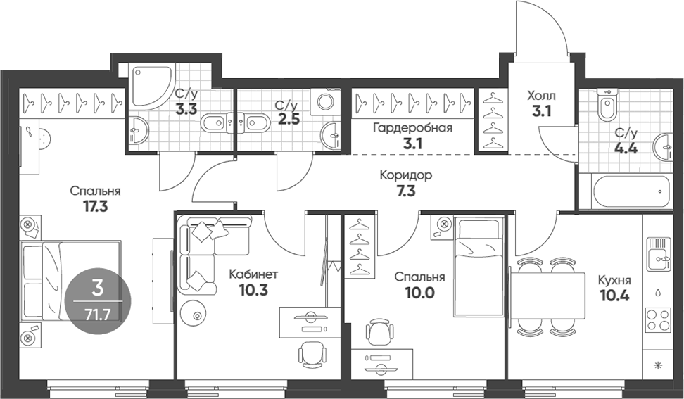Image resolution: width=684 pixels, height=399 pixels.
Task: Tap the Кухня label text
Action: click(x=614, y=280)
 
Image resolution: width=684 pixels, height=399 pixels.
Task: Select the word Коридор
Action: click(x=405, y=175)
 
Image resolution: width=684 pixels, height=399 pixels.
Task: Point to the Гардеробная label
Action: click(x=412, y=127)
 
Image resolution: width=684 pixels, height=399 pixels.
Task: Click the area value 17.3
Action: click(x=95, y=207)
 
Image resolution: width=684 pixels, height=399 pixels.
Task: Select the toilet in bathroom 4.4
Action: click(x=606, y=106)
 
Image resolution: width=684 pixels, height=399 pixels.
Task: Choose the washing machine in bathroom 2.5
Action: click(x=327, y=101)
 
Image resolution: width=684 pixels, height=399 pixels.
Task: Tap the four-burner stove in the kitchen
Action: click(x=657, y=321)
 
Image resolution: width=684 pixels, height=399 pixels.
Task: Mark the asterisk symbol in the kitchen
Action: click(x=659, y=365)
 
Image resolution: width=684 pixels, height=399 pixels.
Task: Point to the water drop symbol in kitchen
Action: click(x=658, y=291)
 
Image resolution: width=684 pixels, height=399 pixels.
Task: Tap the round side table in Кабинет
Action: click(x=196, y=316)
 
